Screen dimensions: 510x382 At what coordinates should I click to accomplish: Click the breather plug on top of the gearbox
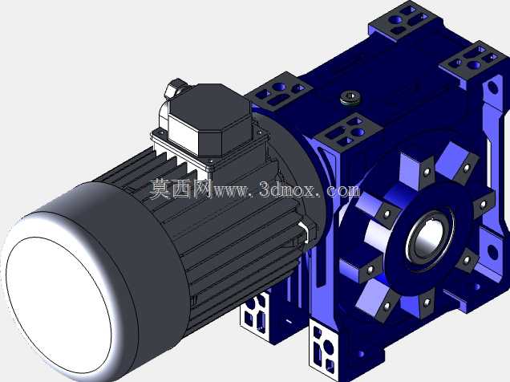pos(350,97)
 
